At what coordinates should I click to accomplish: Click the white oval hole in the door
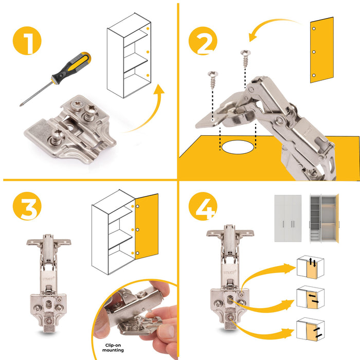coord(239,147)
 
